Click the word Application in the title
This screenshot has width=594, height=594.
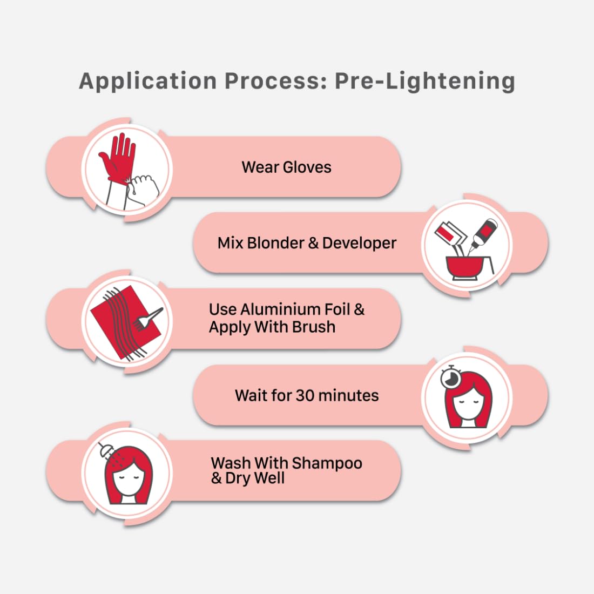(148, 82)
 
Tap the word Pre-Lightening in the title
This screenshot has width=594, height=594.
(425, 82)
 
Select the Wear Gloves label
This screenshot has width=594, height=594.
(286, 167)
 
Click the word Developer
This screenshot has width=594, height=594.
(359, 243)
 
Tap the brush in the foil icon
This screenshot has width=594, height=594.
(148, 318)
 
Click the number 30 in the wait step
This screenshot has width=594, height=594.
(305, 395)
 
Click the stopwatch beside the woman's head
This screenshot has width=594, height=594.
(450, 377)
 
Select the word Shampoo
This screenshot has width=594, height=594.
(327, 463)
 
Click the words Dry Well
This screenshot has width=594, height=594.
(254, 478)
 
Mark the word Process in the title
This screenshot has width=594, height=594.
(276, 82)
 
